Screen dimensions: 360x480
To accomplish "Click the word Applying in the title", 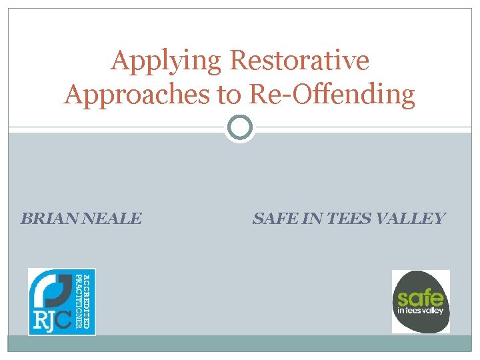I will coord(167,61).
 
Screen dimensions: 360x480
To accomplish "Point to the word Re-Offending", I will coord(332,95).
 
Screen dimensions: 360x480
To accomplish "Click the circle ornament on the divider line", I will coord(240,127).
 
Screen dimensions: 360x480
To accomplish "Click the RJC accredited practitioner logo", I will coord(62,301).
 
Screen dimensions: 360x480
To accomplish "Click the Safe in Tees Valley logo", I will coord(421,301).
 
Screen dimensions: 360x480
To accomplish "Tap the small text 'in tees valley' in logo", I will coord(420,311).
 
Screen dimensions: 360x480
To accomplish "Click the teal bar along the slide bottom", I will coord(240,343).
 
